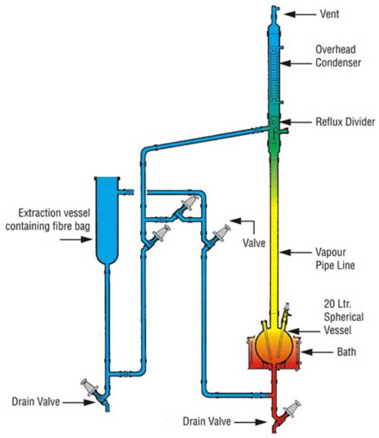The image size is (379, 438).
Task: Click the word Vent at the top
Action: click(330, 14)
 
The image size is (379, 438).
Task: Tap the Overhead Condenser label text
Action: click(338, 56)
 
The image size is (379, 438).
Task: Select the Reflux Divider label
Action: click(345, 121)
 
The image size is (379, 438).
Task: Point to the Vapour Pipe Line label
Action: click(335, 258)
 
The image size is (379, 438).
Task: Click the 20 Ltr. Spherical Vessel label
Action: click(343, 317)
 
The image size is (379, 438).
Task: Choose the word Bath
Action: click(346, 351)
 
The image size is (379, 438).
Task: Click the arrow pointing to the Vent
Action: click(300, 14)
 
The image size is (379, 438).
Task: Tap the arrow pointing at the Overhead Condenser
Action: click(296, 64)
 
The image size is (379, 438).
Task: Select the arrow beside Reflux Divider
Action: click(296, 122)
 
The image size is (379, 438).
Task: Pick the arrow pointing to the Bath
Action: click(317, 352)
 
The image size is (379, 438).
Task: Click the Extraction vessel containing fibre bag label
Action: click(48, 219)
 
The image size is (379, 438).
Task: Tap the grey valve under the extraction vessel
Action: click(89, 387)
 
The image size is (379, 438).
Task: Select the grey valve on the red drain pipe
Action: click(292, 409)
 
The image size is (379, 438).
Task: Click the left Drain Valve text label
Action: click(36, 402)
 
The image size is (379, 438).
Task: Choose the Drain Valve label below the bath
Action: click(207, 421)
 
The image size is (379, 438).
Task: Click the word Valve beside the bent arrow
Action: click(254, 243)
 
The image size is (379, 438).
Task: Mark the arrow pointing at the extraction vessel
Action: click(76, 239)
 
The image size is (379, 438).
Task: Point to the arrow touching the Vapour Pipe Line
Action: click(296, 253)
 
